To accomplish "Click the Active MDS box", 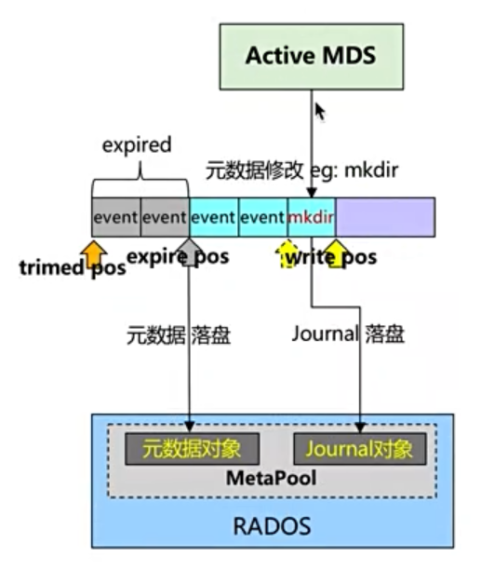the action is pos(312,57).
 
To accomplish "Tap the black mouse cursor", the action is pos(320,111).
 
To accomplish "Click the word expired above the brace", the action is pos(137,145).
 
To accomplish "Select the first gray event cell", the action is pos(116,217).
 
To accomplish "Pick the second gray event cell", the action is pos(165,217).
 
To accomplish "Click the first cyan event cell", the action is pos(214,217).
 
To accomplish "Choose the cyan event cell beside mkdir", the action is pos(263,217).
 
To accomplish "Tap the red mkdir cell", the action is pos(312,217).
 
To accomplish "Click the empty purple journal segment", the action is pos(385,217).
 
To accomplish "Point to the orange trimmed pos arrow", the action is pos(93,253).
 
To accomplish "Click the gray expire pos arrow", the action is pos(189,252).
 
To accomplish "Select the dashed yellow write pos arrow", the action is pos(287,253).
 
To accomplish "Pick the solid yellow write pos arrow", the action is pos(336,253).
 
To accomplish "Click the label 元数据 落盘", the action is pos(179,335).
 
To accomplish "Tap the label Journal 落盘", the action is pos(348,333).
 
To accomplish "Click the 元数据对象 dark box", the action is pos(192,449).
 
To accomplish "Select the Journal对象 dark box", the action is pos(360,449).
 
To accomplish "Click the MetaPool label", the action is pos(271,478).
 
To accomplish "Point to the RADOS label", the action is pos(272,526).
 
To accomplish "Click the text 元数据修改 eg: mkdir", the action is pos(302,170).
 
